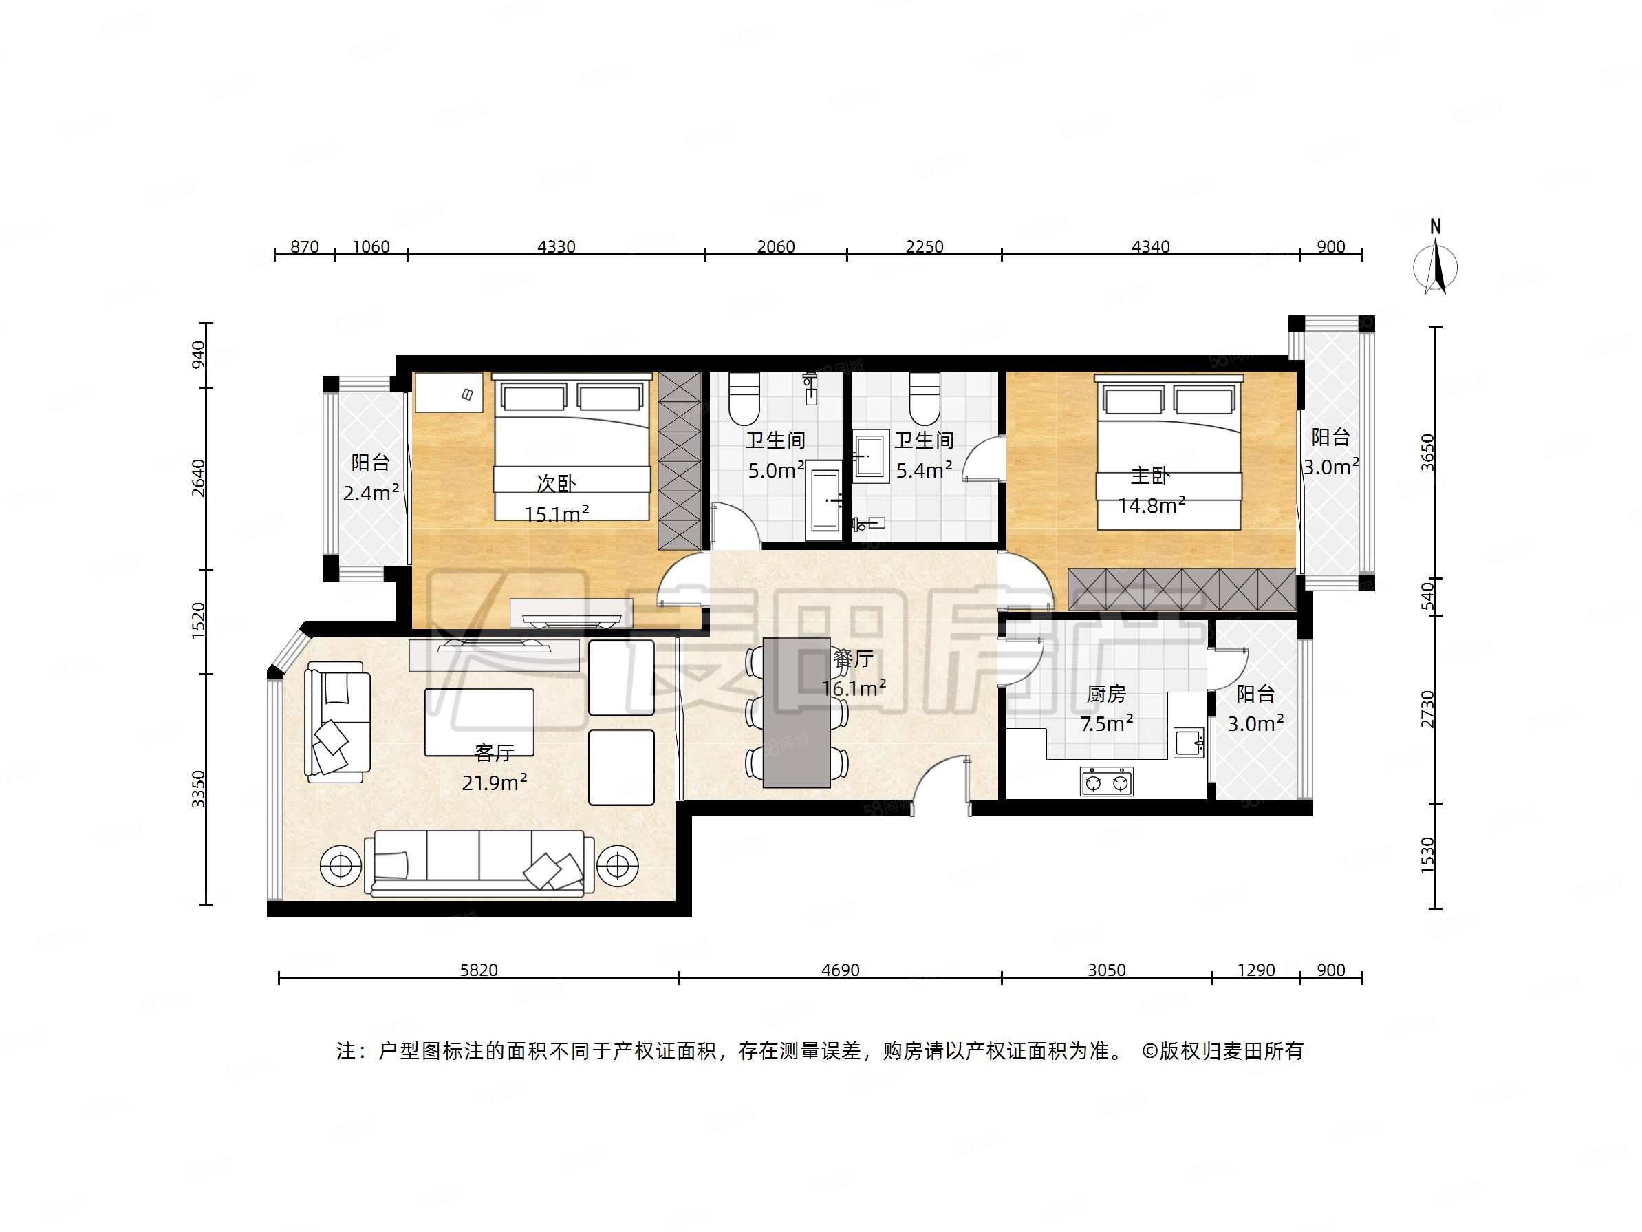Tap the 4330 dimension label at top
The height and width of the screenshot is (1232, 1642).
(x=556, y=246)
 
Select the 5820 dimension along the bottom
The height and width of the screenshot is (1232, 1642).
(x=479, y=970)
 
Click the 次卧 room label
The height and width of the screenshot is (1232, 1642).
(x=556, y=483)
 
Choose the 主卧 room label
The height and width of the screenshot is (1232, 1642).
(x=1151, y=476)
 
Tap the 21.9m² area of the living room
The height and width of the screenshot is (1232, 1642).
(x=495, y=783)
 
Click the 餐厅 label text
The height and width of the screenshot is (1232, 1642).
(x=853, y=658)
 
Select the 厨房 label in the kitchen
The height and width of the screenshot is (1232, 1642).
(x=1106, y=694)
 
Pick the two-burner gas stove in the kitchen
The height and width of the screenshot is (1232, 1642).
(x=1107, y=782)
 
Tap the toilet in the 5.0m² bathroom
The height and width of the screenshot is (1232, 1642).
(x=744, y=396)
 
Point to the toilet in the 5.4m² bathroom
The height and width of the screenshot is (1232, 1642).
(x=925, y=396)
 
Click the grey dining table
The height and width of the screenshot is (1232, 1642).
(x=797, y=712)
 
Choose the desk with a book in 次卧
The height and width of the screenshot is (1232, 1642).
(x=449, y=392)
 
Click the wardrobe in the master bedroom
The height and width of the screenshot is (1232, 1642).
(x=1182, y=591)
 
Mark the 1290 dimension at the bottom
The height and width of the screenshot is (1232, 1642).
(x=1257, y=970)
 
